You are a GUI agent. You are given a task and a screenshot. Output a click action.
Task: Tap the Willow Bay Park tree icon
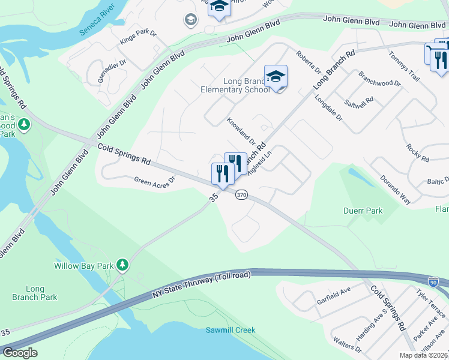click(122, 264)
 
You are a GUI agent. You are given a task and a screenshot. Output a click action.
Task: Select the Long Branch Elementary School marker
click(276, 76)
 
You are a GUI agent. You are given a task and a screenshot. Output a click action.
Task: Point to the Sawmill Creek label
click(231, 330)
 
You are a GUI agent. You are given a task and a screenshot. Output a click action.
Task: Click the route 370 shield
click(241, 195)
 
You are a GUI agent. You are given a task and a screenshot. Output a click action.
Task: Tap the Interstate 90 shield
click(433, 282)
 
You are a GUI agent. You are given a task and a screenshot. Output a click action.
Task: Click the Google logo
click(20, 352)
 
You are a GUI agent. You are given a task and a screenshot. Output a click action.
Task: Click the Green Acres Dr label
click(154, 179)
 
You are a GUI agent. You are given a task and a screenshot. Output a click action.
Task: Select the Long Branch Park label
click(34, 293)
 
